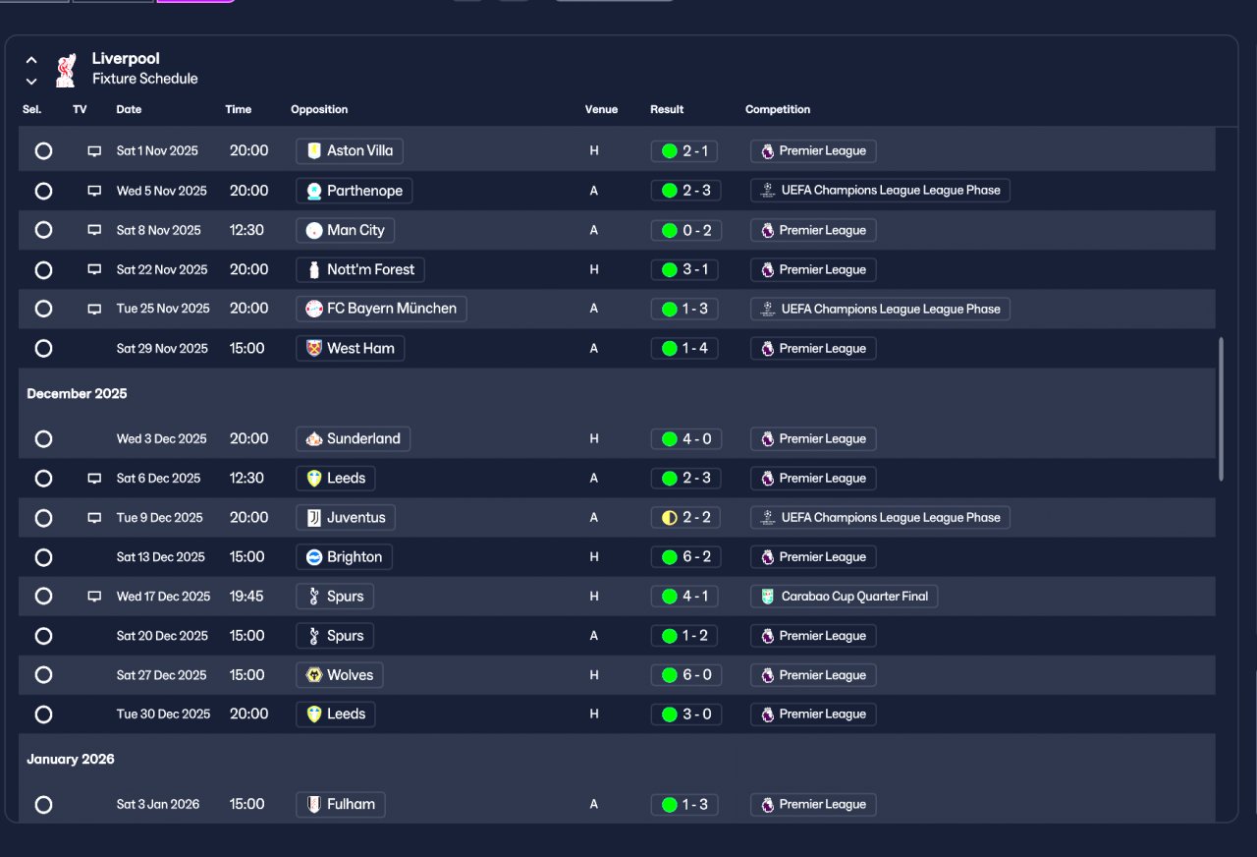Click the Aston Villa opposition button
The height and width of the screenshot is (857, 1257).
pos(349,151)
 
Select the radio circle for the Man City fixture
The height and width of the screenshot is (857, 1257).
pos(43,230)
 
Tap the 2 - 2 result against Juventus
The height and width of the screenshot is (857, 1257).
pos(685,518)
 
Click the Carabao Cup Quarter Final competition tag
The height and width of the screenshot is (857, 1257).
pos(844,597)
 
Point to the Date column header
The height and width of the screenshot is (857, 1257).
pos(129,109)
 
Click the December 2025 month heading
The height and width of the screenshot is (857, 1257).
pos(77,394)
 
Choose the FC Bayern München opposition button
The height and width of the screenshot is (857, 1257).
pos(381,309)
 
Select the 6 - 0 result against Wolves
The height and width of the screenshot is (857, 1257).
pos(685,675)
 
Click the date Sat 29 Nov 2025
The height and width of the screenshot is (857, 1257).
pos(162,348)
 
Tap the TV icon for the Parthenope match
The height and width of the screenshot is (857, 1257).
pos(94,191)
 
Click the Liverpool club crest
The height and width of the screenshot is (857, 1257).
pos(66,69)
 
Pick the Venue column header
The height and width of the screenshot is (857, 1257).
pos(601,109)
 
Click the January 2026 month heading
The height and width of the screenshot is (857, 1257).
pos(71,760)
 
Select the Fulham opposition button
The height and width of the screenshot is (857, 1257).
pos(340,804)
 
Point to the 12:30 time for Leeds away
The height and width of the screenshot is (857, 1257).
pos(246,479)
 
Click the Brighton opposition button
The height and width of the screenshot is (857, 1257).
pos(344,557)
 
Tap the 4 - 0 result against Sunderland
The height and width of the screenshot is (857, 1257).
pos(685,439)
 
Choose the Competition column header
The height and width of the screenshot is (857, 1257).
pos(777,109)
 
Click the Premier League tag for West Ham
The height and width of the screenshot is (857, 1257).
pos(813,348)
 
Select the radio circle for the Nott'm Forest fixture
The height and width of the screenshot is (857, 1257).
pos(43,269)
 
